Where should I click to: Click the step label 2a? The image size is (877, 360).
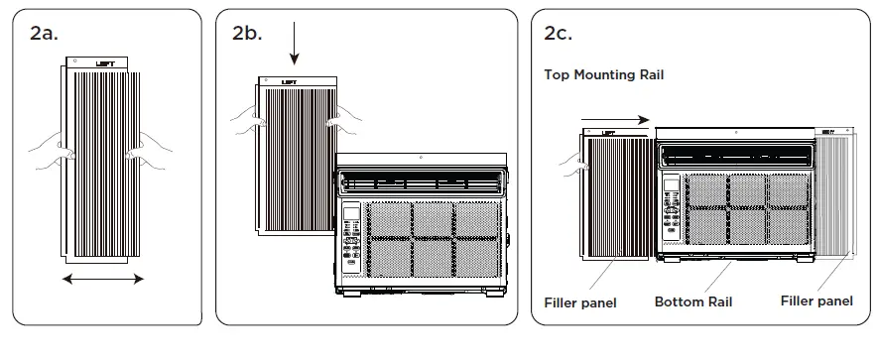[x=46, y=32]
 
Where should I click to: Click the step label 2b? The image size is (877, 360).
[x=247, y=32]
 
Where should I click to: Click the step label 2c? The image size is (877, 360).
[x=559, y=32]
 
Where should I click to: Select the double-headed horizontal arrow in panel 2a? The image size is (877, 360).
[x=103, y=280]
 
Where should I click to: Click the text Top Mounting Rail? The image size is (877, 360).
[x=603, y=74]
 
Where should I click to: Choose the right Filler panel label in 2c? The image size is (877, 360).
[x=816, y=300]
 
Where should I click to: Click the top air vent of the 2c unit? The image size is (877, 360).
[x=734, y=155]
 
